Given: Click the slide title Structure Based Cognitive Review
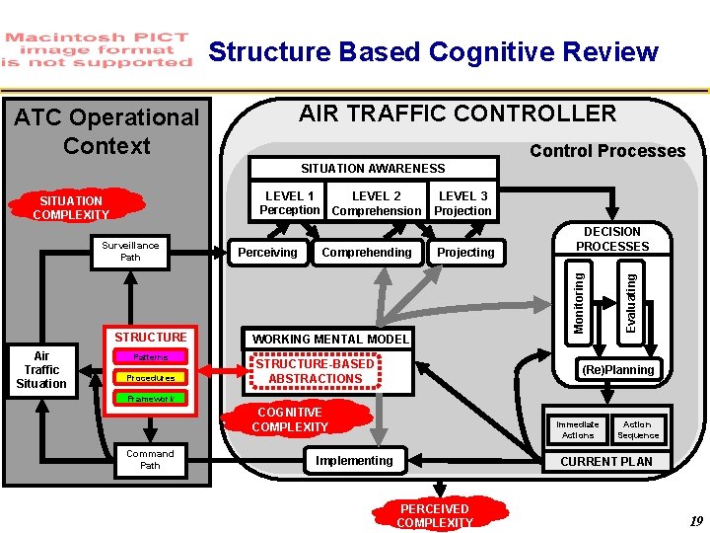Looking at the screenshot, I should click(433, 51).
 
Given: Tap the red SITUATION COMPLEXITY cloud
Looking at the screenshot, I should click(71, 207).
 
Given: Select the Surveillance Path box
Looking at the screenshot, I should click(130, 252).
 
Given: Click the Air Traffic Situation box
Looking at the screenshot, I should click(41, 370).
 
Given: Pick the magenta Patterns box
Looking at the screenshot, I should click(150, 357).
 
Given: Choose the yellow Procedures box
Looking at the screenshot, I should click(150, 378).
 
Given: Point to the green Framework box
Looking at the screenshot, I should click(150, 399).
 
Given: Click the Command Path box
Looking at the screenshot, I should click(150, 460).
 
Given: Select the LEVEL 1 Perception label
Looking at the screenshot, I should click(290, 203).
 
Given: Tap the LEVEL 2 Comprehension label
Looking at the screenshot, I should click(376, 203).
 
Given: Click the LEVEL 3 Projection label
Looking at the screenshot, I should click(462, 203).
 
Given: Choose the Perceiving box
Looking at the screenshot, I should click(268, 253).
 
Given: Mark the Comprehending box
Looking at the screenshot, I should click(367, 253).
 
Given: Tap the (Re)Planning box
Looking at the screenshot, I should click(617, 370).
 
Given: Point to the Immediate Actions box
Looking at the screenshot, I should click(578, 430).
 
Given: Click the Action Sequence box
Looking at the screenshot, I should click(637, 430).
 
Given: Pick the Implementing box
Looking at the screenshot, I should click(354, 461).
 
